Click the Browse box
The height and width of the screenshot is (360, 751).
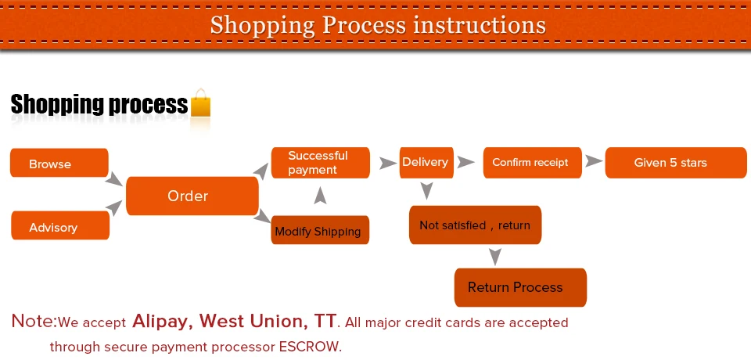point(59,163)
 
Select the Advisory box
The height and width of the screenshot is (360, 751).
point(60,225)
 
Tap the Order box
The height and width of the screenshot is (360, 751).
point(192,196)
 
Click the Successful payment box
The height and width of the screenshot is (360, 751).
point(321,163)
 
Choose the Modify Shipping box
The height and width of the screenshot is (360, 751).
point(320,230)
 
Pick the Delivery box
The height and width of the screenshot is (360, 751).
point(426,163)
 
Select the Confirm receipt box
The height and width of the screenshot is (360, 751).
point(532,163)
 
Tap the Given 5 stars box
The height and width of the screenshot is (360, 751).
point(676,163)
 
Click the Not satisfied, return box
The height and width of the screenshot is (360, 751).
point(475,225)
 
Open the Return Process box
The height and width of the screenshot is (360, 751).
point(520,287)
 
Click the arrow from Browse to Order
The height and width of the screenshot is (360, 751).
point(114,179)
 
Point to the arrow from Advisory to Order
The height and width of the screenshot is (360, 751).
point(114,207)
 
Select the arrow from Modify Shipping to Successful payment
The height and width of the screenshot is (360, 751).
point(321,196)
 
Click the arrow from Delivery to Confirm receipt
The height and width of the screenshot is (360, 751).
point(465,162)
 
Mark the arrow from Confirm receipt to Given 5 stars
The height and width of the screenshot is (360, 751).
point(594,161)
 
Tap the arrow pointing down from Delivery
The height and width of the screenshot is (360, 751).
point(426,191)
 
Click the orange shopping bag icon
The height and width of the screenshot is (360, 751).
point(201,103)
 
